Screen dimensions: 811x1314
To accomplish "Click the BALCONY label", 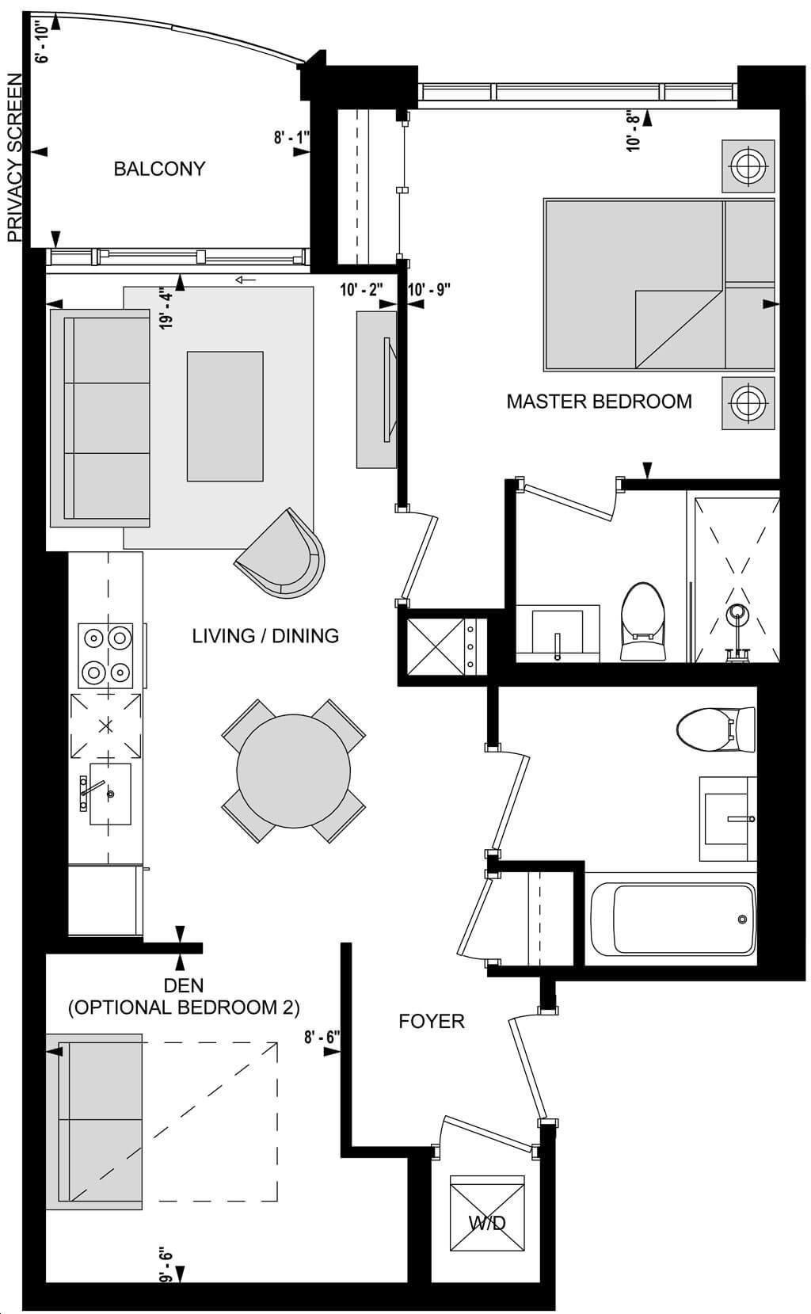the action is (x=159, y=169).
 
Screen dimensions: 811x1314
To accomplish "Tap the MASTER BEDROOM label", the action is (x=600, y=402).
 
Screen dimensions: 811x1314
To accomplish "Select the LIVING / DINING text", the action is (x=265, y=636).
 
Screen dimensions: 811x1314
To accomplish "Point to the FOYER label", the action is (x=432, y=1021).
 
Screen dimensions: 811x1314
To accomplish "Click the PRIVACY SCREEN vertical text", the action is (x=15, y=158).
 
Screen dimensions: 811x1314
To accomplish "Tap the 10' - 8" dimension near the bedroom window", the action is (x=634, y=131).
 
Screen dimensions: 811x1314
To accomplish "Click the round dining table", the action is (x=294, y=771).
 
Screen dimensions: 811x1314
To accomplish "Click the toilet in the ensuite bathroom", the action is (x=643, y=621).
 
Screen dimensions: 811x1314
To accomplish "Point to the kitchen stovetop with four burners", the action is (x=106, y=655).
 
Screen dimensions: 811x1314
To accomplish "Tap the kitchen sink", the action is (x=110, y=794).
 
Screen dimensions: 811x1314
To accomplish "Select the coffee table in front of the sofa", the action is (x=225, y=416).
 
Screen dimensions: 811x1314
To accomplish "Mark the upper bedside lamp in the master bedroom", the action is (x=748, y=166).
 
